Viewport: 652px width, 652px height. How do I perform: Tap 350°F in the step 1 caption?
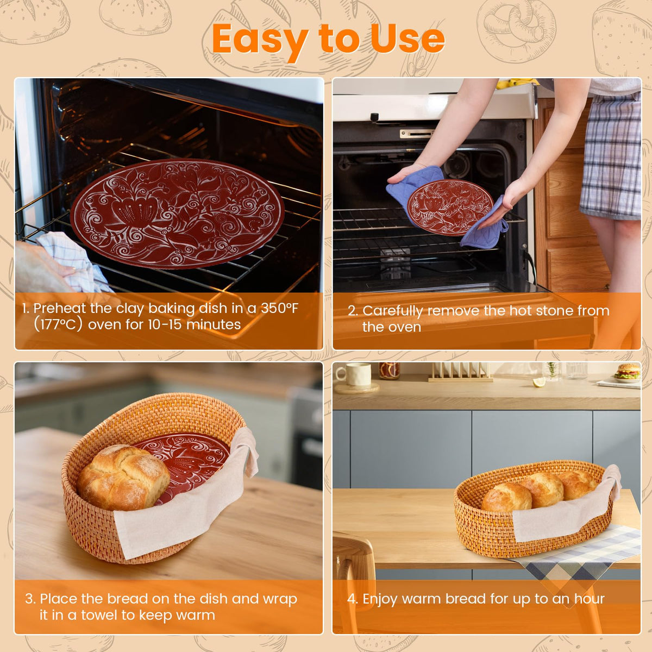[279, 308]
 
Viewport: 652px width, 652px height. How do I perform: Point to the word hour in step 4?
[589, 599]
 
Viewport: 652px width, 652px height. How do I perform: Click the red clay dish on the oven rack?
[178, 214]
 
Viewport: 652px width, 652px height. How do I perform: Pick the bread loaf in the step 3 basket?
[123, 478]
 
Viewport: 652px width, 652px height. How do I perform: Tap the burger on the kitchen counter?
[628, 371]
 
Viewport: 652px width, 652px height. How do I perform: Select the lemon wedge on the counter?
[539, 382]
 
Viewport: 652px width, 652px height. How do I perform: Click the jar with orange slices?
[389, 371]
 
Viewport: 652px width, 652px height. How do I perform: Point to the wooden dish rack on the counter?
[461, 372]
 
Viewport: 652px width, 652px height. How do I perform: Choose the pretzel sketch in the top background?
[517, 31]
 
